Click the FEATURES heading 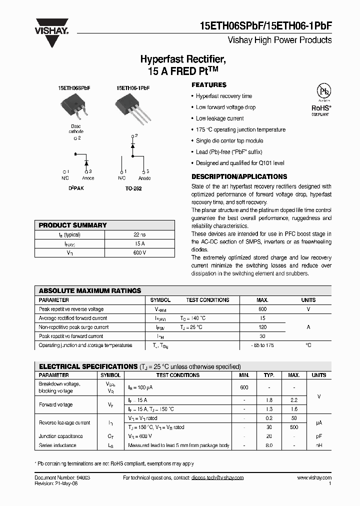tap(209, 85)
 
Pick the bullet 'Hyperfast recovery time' tap(223, 96)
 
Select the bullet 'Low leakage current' tap(219, 118)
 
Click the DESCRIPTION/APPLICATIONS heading tap(239, 176)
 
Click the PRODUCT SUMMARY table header tap(73, 225)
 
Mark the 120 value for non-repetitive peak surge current tap(262, 327)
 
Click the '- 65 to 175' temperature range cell tap(262, 345)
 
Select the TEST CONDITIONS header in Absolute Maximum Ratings tap(207, 300)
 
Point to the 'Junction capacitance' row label tap(61, 436)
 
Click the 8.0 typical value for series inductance tap(268, 445)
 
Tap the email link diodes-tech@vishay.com tap(217, 478)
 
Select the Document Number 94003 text tap(62, 478)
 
